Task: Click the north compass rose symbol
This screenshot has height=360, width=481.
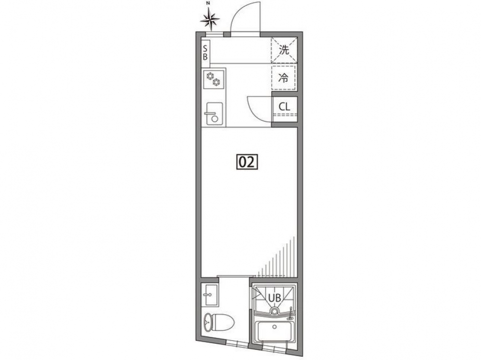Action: (210, 20)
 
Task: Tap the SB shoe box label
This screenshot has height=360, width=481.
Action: (205, 53)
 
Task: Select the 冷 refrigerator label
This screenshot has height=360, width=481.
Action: (284, 78)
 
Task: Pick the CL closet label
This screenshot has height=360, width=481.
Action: (284, 107)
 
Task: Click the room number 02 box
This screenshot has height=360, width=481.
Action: (247, 162)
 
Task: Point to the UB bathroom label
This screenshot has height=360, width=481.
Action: (275, 298)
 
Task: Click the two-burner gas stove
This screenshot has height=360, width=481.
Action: (214, 78)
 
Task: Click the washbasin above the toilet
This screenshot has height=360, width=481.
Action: (210, 295)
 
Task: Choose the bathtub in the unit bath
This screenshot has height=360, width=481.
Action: (275, 331)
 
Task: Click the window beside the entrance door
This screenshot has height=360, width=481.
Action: (214, 34)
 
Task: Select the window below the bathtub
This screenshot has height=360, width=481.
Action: (275, 349)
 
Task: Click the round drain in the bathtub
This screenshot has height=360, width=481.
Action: (275, 326)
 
